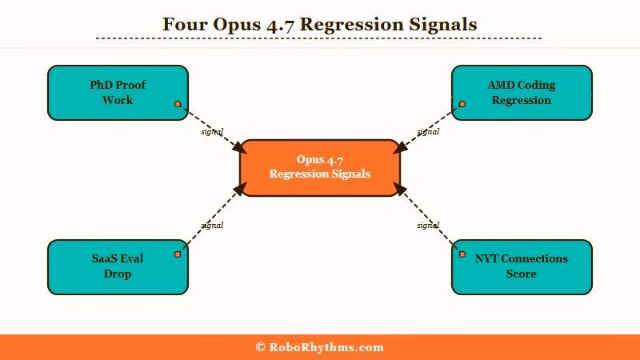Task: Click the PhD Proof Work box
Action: (x=118, y=93)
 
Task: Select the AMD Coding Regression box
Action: (x=522, y=93)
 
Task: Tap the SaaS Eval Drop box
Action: (x=118, y=266)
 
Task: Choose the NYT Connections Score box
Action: (x=522, y=266)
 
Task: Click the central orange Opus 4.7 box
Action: (x=319, y=167)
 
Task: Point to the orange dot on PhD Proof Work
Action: (x=178, y=104)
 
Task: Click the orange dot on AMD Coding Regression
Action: (x=462, y=104)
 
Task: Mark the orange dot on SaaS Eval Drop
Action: (x=178, y=254)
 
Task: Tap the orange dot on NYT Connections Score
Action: (x=462, y=254)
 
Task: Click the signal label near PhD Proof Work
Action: (x=212, y=131)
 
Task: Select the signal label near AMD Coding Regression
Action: (x=428, y=131)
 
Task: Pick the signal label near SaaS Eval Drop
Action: (x=212, y=225)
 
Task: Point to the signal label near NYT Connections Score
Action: (x=428, y=225)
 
